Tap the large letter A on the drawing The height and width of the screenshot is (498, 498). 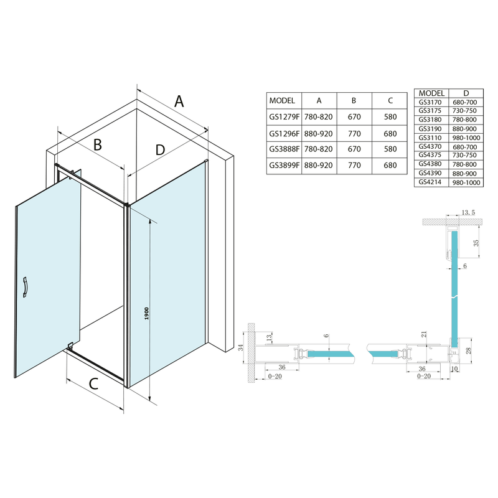(x=179, y=101)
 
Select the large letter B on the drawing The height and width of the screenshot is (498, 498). (x=97, y=145)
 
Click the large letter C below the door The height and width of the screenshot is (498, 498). (x=93, y=384)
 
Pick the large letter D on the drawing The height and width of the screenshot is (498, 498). (x=160, y=150)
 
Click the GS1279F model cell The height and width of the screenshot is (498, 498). (x=284, y=116)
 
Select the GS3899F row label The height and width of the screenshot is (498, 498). (x=284, y=166)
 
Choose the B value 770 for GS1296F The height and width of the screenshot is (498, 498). (x=354, y=133)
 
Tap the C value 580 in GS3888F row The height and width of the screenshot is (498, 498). (x=390, y=149)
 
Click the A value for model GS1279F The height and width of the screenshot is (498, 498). (x=319, y=116)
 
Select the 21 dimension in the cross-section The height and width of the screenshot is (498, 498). (x=424, y=336)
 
